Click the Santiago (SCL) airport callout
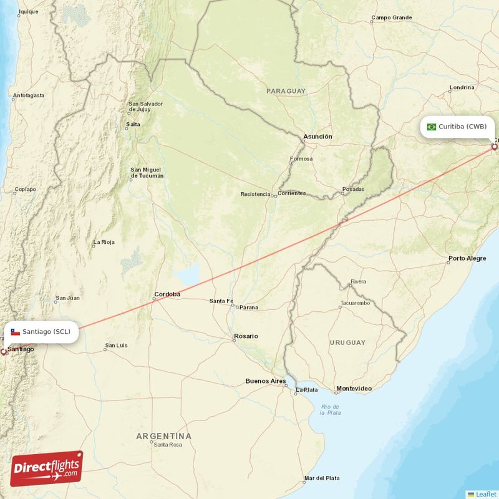coord(42,332)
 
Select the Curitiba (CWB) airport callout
coord(457,127)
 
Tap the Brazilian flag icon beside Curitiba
coord(431,127)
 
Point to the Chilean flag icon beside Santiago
coord(15,332)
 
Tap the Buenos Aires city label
coord(265,380)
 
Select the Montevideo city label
coord(354,389)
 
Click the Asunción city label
coord(317,136)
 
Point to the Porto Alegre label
coord(467,258)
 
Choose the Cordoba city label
coord(167,294)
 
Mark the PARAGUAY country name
coord(286,91)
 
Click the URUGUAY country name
coord(348,343)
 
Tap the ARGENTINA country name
coord(164,436)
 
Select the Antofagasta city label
coord(29,95)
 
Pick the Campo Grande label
coord(391,17)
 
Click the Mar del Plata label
coord(322,478)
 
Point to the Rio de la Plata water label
coord(331,409)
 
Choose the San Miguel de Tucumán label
coord(147,172)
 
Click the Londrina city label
coord(462,87)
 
